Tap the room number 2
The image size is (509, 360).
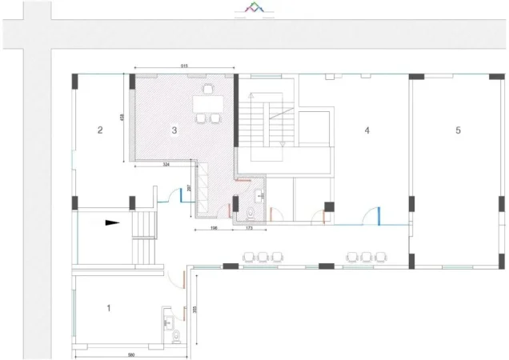click(x=100, y=130)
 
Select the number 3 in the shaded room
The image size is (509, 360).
click(x=174, y=129)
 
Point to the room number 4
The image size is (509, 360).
click(x=367, y=130)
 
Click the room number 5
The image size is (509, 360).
click(x=458, y=130)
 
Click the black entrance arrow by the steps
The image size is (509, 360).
click(x=112, y=223)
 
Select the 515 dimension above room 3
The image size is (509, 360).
click(x=184, y=66)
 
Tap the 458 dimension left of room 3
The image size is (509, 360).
click(x=121, y=118)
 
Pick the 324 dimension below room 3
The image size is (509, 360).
click(x=166, y=164)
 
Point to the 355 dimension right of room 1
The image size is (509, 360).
click(x=194, y=310)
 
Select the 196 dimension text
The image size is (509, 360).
click(x=214, y=230)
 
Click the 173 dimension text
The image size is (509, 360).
click(x=249, y=230)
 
